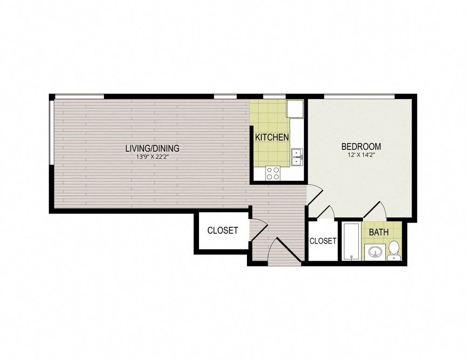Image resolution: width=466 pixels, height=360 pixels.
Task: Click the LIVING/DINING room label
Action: pos(152,149)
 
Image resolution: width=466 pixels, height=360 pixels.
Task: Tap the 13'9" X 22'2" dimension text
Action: pos(152,158)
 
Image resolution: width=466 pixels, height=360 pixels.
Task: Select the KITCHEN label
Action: pos(272,137)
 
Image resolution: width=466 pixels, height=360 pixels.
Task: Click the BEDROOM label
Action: pos(361,146)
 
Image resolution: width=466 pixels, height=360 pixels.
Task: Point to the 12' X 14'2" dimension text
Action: pos(361,155)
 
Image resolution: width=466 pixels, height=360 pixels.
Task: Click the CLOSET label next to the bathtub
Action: pos(322,241)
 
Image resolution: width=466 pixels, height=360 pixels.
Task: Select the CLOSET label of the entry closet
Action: pos(222,230)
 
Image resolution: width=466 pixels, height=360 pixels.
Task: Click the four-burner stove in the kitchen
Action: pos(273,173)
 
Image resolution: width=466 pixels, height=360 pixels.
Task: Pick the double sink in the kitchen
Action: pos(296,157)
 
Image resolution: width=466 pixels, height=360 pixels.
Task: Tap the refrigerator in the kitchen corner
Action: pos(295,109)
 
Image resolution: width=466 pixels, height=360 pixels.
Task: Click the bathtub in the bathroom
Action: pos(350,241)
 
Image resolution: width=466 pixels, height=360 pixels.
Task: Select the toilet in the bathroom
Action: pos(394,249)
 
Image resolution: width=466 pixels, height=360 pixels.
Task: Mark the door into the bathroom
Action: pos(375,211)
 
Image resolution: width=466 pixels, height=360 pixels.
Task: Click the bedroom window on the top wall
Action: pos(359,96)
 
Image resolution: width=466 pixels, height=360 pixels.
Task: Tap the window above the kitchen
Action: pos(274,96)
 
